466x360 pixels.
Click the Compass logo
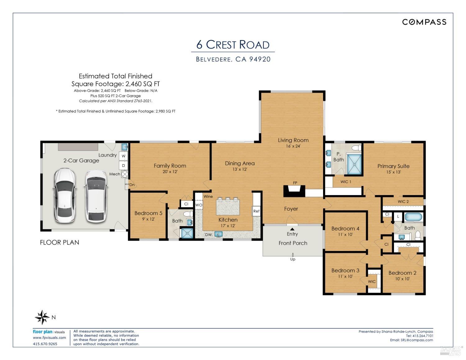424,22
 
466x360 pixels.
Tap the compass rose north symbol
42,317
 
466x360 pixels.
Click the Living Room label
293,140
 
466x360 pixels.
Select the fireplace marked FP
294,191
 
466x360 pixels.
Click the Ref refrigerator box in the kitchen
256,211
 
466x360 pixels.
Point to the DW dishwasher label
208,235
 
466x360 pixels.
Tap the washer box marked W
123,156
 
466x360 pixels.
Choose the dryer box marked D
123,165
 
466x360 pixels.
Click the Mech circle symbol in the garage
125,174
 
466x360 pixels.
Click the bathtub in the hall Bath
413,217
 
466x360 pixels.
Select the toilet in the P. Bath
357,148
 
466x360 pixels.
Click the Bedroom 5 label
148,213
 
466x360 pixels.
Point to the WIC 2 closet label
403,202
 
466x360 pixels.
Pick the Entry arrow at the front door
292,229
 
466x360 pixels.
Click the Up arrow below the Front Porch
293,255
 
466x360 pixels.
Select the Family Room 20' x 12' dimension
170,171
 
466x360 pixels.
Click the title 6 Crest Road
233,45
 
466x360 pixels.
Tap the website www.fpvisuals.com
49,338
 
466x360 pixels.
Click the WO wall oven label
199,205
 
